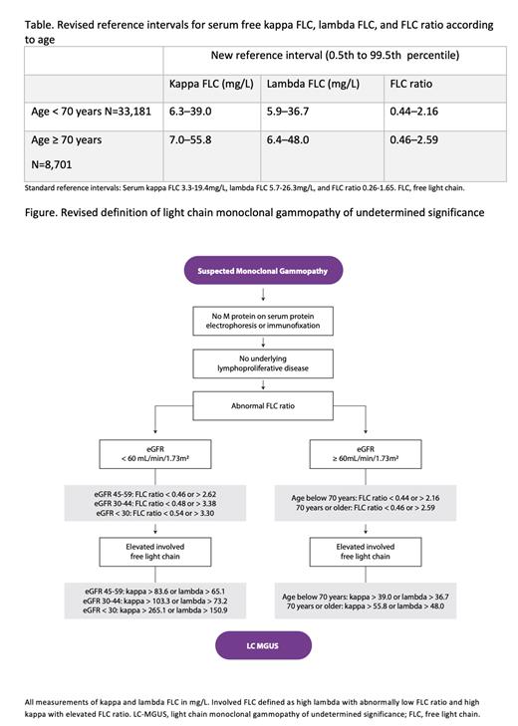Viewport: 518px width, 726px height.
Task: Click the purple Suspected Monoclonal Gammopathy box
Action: [x=262, y=270]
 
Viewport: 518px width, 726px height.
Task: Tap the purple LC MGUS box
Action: [x=262, y=646]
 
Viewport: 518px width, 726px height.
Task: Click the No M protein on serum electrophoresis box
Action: [x=262, y=321]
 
